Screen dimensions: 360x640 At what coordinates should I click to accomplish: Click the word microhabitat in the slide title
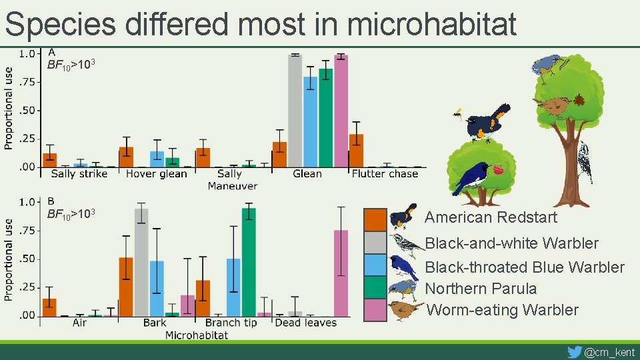[432, 25]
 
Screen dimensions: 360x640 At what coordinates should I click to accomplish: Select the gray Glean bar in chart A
[295, 110]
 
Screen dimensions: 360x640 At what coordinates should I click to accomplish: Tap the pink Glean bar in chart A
[341, 110]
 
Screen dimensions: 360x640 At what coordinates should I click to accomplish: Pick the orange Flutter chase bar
[357, 151]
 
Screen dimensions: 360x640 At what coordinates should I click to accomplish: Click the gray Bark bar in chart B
[141, 262]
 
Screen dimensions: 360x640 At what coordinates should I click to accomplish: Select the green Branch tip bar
[249, 262]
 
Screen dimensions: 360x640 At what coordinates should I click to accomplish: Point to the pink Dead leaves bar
[341, 273]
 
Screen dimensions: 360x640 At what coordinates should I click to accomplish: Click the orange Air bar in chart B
[49, 307]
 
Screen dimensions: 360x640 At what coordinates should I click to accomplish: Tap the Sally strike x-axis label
[79, 174]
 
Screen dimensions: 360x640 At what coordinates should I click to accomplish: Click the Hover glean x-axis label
[157, 174]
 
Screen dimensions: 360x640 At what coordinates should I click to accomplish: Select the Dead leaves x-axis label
[306, 323]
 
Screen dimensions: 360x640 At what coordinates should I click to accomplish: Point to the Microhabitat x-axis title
[197, 335]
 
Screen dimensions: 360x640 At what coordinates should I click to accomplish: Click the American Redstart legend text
[491, 217]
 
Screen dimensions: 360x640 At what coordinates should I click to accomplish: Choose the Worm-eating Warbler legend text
[503, 310]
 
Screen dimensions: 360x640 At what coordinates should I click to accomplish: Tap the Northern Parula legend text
[481, 289]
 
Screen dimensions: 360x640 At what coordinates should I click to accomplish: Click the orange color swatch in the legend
[375, 219]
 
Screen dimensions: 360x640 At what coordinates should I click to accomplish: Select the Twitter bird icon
[574, 351]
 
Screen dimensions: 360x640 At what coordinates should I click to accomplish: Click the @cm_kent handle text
[609, 352]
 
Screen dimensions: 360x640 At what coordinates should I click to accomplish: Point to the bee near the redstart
[457, 113]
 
